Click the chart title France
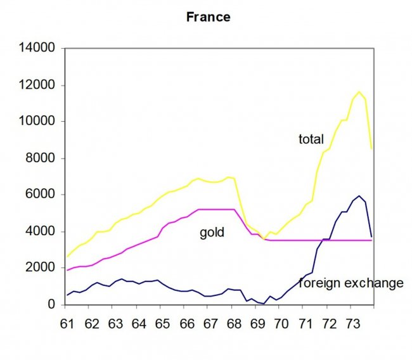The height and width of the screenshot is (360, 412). [208, 17]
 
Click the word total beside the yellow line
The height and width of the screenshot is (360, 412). [311, 139]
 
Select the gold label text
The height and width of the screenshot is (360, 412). [212, 233]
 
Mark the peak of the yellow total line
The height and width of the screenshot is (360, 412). [359, 92]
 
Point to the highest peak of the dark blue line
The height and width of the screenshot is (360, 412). [359, 196]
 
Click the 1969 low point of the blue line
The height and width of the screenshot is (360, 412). [262, 304]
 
